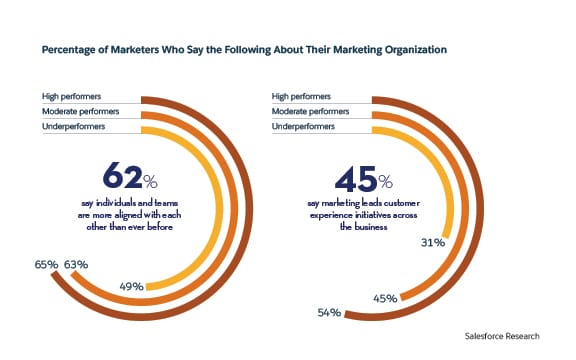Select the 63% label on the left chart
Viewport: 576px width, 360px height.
[77, 266]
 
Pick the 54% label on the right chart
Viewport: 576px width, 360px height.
[327, 313]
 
